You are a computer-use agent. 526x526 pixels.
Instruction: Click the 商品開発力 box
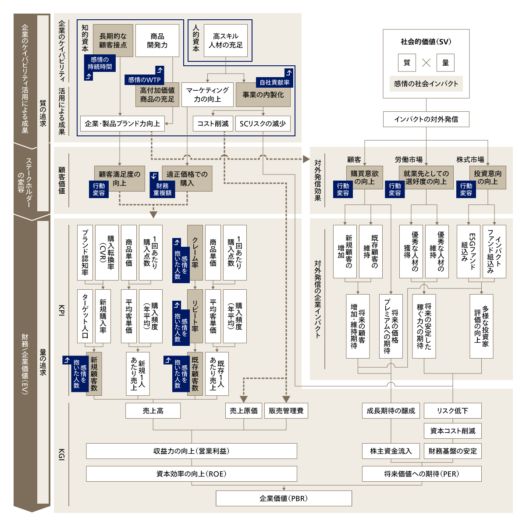click(157, 40)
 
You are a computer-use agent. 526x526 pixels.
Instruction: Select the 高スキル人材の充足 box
click(225, 40)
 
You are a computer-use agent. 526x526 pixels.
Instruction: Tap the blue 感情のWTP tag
click(144, 80)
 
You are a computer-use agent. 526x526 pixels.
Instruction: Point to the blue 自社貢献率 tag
click(274, 82)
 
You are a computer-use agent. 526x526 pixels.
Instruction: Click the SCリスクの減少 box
click(263, 124)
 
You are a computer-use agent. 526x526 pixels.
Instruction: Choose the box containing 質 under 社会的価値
click(407, 63)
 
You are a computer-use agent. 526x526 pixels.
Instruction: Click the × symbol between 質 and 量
click(426, 63)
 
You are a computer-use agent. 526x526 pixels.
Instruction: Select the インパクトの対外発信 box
click(426, 119)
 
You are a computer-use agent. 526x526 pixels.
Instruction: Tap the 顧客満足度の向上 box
click(119, 178)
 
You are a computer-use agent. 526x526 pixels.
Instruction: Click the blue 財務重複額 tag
click(162, 189)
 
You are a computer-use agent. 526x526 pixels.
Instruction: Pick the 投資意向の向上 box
click(487, 178)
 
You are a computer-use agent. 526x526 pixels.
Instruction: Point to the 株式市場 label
click(470, 160)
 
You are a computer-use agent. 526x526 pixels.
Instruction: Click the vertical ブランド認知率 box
click(85, 252)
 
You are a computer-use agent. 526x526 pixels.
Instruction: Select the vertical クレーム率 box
click(195, 252)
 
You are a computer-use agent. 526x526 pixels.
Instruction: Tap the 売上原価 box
click(244, 411)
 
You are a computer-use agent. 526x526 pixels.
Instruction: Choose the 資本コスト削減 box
click(452, 431)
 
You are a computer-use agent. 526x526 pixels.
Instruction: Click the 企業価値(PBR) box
click(284, 498)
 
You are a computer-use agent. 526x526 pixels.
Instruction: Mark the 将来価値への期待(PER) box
click(422, 474)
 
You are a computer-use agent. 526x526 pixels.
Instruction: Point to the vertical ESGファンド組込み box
click(468, 252)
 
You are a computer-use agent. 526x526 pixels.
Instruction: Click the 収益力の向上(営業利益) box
click(192, 451)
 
